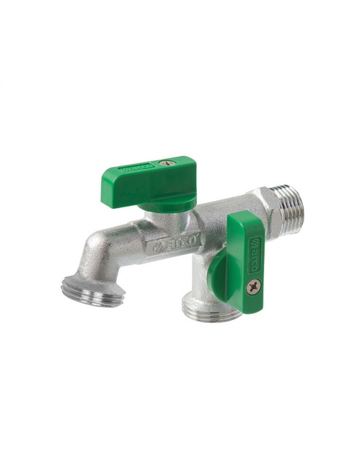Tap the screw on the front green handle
(x=253, y=285)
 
